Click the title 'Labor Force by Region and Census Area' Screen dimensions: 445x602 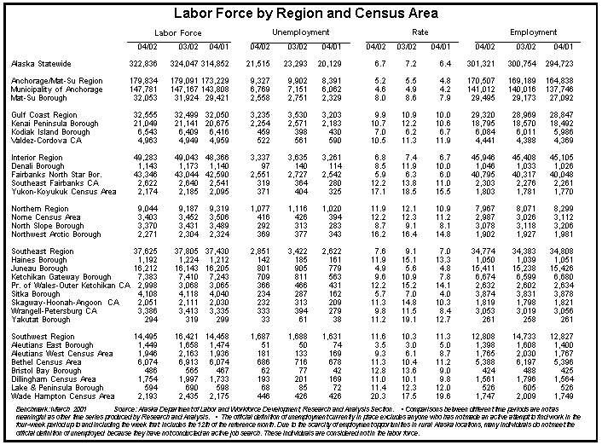(x=301, y=14)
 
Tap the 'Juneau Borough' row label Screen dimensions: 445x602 (x=40, y=269)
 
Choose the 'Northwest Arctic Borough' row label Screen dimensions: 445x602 (x=56, y=234)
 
